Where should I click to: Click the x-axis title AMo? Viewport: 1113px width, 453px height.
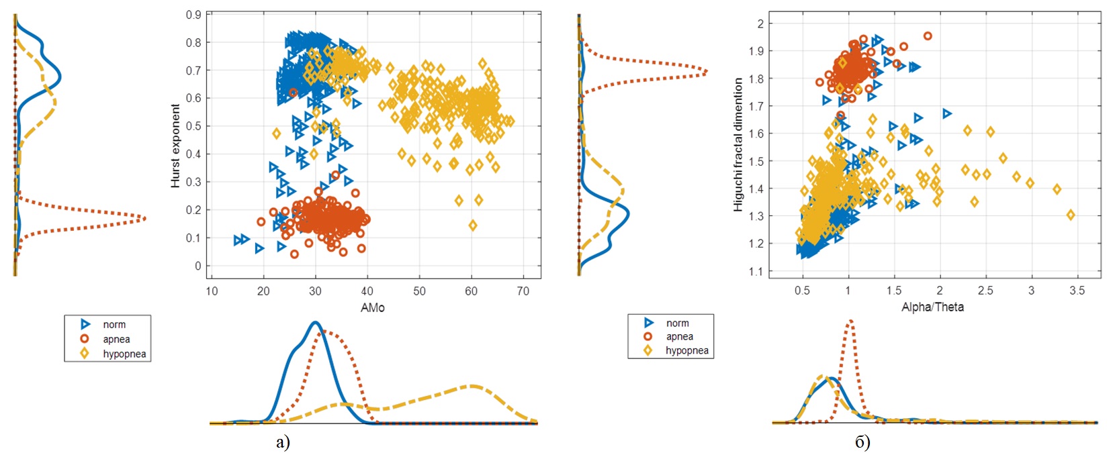pyautogui.click(x=373, y=307)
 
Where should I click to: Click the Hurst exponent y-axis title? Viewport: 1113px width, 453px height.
pyautogui.click(x=175, y=146)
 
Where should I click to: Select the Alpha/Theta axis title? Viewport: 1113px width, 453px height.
pyautogui.click(x=932, y=307)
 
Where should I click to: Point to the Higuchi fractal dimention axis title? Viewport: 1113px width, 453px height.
pyautogui.click(x=738, y=144)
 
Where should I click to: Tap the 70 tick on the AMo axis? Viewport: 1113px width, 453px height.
pyautogui.click(x=523, y=291)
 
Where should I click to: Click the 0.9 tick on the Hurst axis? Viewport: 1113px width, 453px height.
pyautogui.click(x=193, y=15)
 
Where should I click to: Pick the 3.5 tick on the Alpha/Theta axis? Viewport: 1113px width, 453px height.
pyautogui.click(x=1077, y=291)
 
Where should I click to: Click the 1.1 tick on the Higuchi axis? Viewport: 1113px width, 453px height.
pyautogui.click(x=756, y=272)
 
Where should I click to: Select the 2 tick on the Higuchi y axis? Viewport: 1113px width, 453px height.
pyautogui.click(x=760, y=24)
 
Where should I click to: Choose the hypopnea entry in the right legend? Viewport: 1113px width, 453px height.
pyautogui.click(x=686, y=350)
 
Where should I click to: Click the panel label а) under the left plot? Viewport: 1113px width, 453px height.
pyautogui.click(x=283, y=442)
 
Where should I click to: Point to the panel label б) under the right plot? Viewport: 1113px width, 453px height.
pyautogui.click(x=862, y=442)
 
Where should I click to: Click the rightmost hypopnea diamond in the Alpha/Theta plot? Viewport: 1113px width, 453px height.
pyautogui.click(x=1071, y=215)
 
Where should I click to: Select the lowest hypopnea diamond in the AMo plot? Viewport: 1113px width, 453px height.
pyautogui.click(x=473, y=225)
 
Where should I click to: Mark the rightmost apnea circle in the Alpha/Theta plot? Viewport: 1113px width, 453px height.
pyautogui.click(x=928, y=36)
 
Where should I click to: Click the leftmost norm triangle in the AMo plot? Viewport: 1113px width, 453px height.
pyautogui.click(x=238, y=240)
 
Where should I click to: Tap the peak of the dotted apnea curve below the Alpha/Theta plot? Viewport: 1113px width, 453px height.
pyautogui.click(x=850, y=321)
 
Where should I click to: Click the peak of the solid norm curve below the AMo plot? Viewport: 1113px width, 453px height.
pyautogui.click(x=315, y=323)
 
